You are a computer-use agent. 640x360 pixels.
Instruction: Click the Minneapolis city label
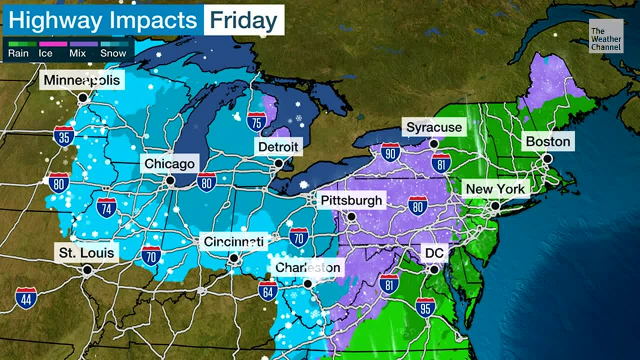(x=82, y=80)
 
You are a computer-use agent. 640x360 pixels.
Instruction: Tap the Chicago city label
(x=169, y=163)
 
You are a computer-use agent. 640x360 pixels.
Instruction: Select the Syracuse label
(x=433, y=127)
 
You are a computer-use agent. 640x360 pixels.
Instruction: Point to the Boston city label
(x=548, y=141)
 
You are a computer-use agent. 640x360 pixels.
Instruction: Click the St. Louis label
(x=86, y=252)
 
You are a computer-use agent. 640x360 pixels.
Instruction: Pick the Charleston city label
(x=307, y=267)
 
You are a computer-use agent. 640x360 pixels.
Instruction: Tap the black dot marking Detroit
(x=278, y=163)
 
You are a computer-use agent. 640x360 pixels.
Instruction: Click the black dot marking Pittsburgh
(x=351, y=216)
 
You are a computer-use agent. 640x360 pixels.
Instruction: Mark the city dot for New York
(x=495, y=205)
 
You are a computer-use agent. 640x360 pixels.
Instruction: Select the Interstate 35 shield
(x=64, y=136)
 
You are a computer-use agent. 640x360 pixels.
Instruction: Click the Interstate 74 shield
(x=106, y=207)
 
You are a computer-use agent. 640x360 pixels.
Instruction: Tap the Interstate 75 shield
(x=256, y=121)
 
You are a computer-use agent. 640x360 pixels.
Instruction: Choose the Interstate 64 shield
(x=268, y=290)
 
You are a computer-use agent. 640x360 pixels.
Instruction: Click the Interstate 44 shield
(x=25, y=297)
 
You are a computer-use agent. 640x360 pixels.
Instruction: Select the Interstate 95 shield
(x=425, y=307)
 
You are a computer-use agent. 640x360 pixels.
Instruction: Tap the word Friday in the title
(x=243, y=20)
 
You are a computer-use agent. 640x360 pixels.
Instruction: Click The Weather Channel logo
(x=606, y=36)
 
